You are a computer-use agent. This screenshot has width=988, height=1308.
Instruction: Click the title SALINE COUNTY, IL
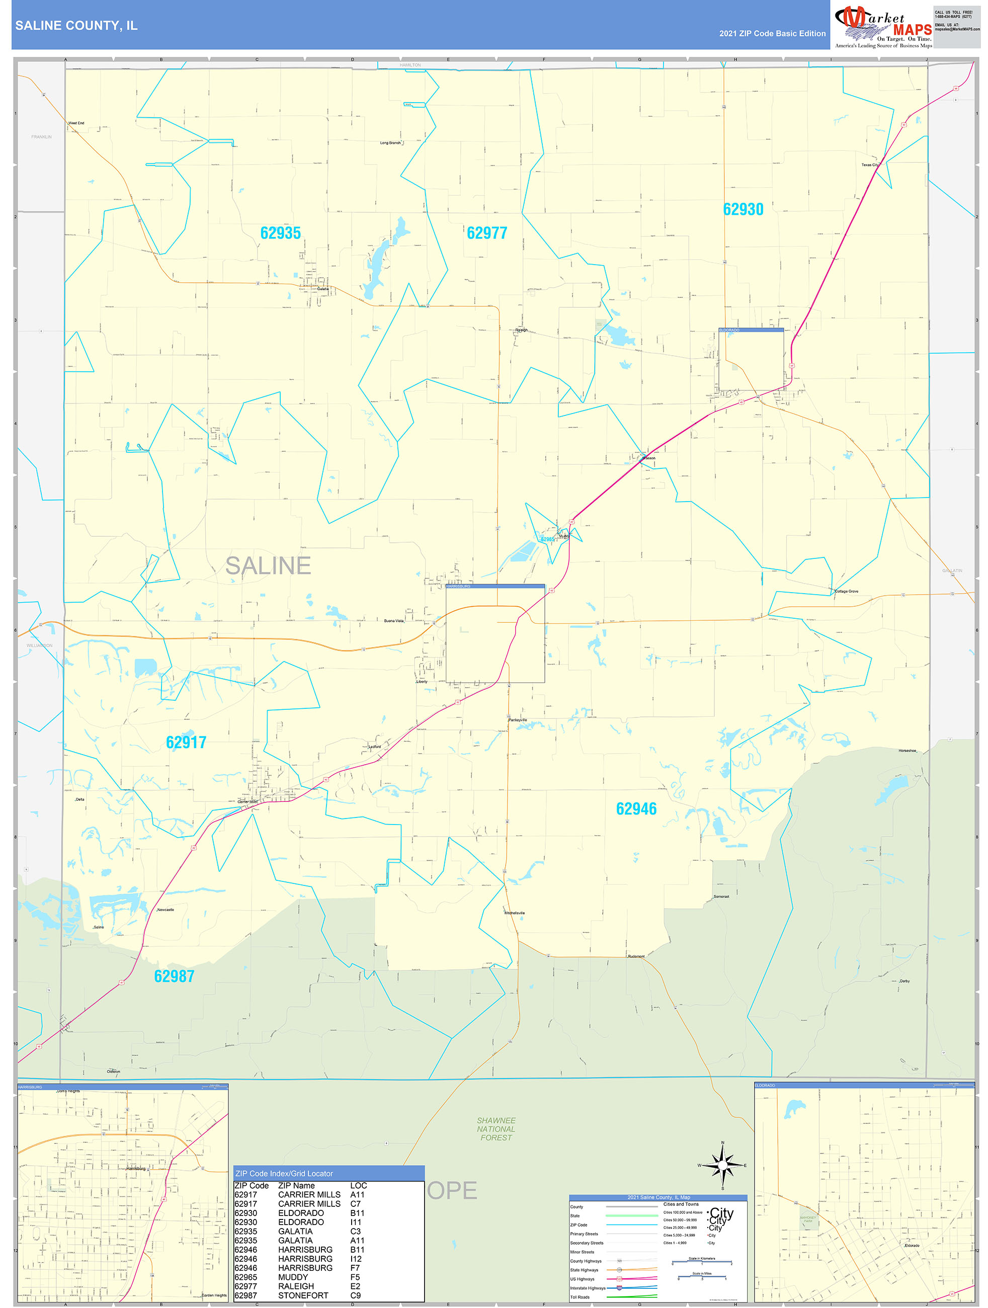(76, 26)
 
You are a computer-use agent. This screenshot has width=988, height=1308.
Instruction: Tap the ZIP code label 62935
(280, 233)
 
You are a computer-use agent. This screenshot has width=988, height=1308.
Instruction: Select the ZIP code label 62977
(486, 233)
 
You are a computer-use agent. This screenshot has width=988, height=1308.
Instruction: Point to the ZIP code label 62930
(743, 209)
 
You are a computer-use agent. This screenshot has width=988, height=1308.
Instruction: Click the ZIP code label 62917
(186, 742)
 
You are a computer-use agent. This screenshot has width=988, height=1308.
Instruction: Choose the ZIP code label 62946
(636, 809)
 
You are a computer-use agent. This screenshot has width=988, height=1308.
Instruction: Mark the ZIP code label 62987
(174, 976)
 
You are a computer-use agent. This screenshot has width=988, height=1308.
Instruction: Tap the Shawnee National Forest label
(496, 1129)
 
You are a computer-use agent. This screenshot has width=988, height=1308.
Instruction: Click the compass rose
(722, 1165)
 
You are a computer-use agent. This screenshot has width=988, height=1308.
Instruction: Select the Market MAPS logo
(883, 27)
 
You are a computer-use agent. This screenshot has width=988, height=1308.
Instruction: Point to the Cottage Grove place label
(846, 591)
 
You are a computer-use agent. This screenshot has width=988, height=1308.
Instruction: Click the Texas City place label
(870, 165)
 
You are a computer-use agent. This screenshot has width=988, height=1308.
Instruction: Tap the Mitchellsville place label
(515, 913)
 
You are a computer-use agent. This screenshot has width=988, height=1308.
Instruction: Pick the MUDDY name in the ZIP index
(293, 1277)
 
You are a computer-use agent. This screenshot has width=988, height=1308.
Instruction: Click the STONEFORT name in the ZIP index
(303, 1295)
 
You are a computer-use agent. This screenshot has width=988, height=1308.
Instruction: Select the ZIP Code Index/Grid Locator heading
(284, 1173)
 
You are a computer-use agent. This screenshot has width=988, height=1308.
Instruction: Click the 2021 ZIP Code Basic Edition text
(772, 34)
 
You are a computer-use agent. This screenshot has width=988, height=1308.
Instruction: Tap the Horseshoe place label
(907, 751)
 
